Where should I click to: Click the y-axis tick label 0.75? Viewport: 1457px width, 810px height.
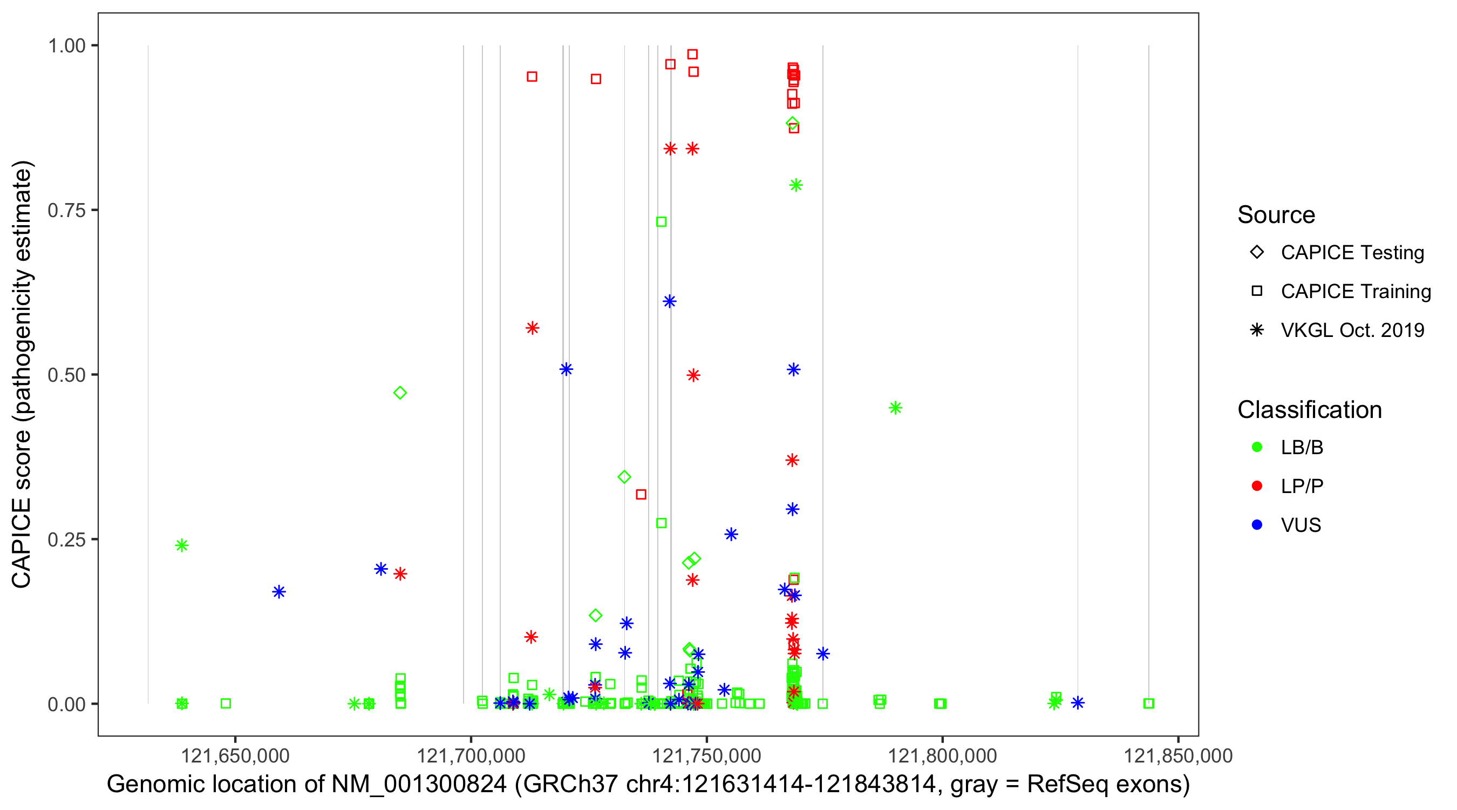[66, 210]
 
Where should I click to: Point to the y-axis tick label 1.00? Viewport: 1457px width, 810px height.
[66, 45]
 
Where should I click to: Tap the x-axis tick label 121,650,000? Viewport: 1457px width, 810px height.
[235, 755]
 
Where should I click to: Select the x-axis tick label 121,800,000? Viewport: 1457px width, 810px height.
[942, 755]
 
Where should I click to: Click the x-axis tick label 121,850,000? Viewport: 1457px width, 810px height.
[1177, 755]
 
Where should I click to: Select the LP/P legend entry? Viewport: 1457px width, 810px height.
[1302, 486]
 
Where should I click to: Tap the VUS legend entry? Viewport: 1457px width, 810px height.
[1301, 525]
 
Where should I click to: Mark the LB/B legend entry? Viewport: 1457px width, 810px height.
[1302, 448]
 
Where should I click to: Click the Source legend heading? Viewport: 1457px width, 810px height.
[1276, 215]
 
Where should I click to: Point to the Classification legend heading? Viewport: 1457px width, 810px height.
[1309, 410]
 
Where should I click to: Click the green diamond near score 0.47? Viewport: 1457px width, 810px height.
[400, 393]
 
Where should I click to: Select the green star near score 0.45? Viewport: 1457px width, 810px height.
[895, 408]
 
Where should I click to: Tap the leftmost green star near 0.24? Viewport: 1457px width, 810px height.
[181, 545]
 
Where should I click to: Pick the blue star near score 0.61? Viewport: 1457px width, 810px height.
[670, 301]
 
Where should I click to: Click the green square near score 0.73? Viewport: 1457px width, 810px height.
[661, 222]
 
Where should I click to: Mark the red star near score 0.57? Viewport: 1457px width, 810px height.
[532, 328]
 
